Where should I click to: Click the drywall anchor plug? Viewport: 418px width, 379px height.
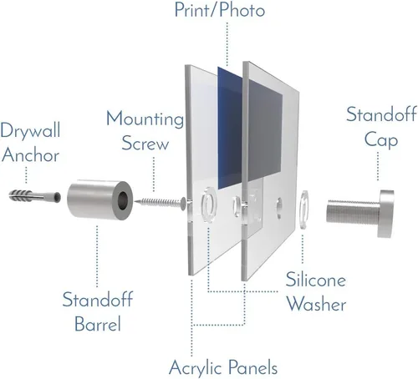[x=35, y=196]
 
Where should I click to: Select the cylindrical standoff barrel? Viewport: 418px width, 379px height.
[x=100, y=200]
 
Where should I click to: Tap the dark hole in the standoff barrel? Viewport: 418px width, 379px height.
[x=123, y=200]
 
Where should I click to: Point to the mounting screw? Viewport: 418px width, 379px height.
[x=160, y=202]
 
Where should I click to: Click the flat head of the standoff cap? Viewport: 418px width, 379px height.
[x=386, y=214]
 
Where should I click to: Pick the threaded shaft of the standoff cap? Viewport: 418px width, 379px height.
[x=353, y=213]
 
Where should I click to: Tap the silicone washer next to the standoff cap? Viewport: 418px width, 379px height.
[x=303, y=210]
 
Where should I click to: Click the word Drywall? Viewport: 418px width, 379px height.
[x=30, y=130]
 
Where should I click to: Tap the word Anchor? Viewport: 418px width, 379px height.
[x=31, y=154]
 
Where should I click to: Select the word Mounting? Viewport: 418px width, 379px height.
[x=145, y=119]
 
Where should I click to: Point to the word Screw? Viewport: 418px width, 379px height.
[x=145, y=143]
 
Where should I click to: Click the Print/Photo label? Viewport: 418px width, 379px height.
[x=220, y=10]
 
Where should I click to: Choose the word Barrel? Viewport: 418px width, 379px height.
[x=98, y=323]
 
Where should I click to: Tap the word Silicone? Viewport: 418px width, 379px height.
[x=316, y=279]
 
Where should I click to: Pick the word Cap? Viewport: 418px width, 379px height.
[x=381, y=139]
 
